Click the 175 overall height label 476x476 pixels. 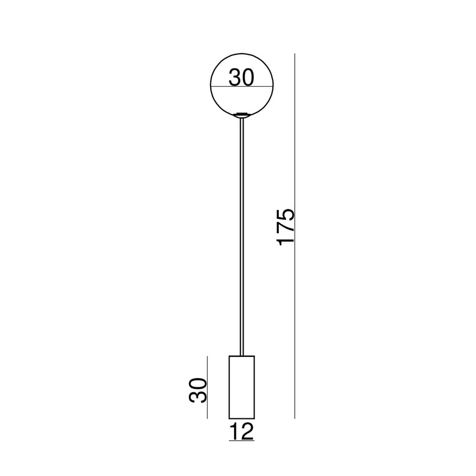point(286,228)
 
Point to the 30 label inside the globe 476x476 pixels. point(241,77)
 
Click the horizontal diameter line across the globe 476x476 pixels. point(242,86)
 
